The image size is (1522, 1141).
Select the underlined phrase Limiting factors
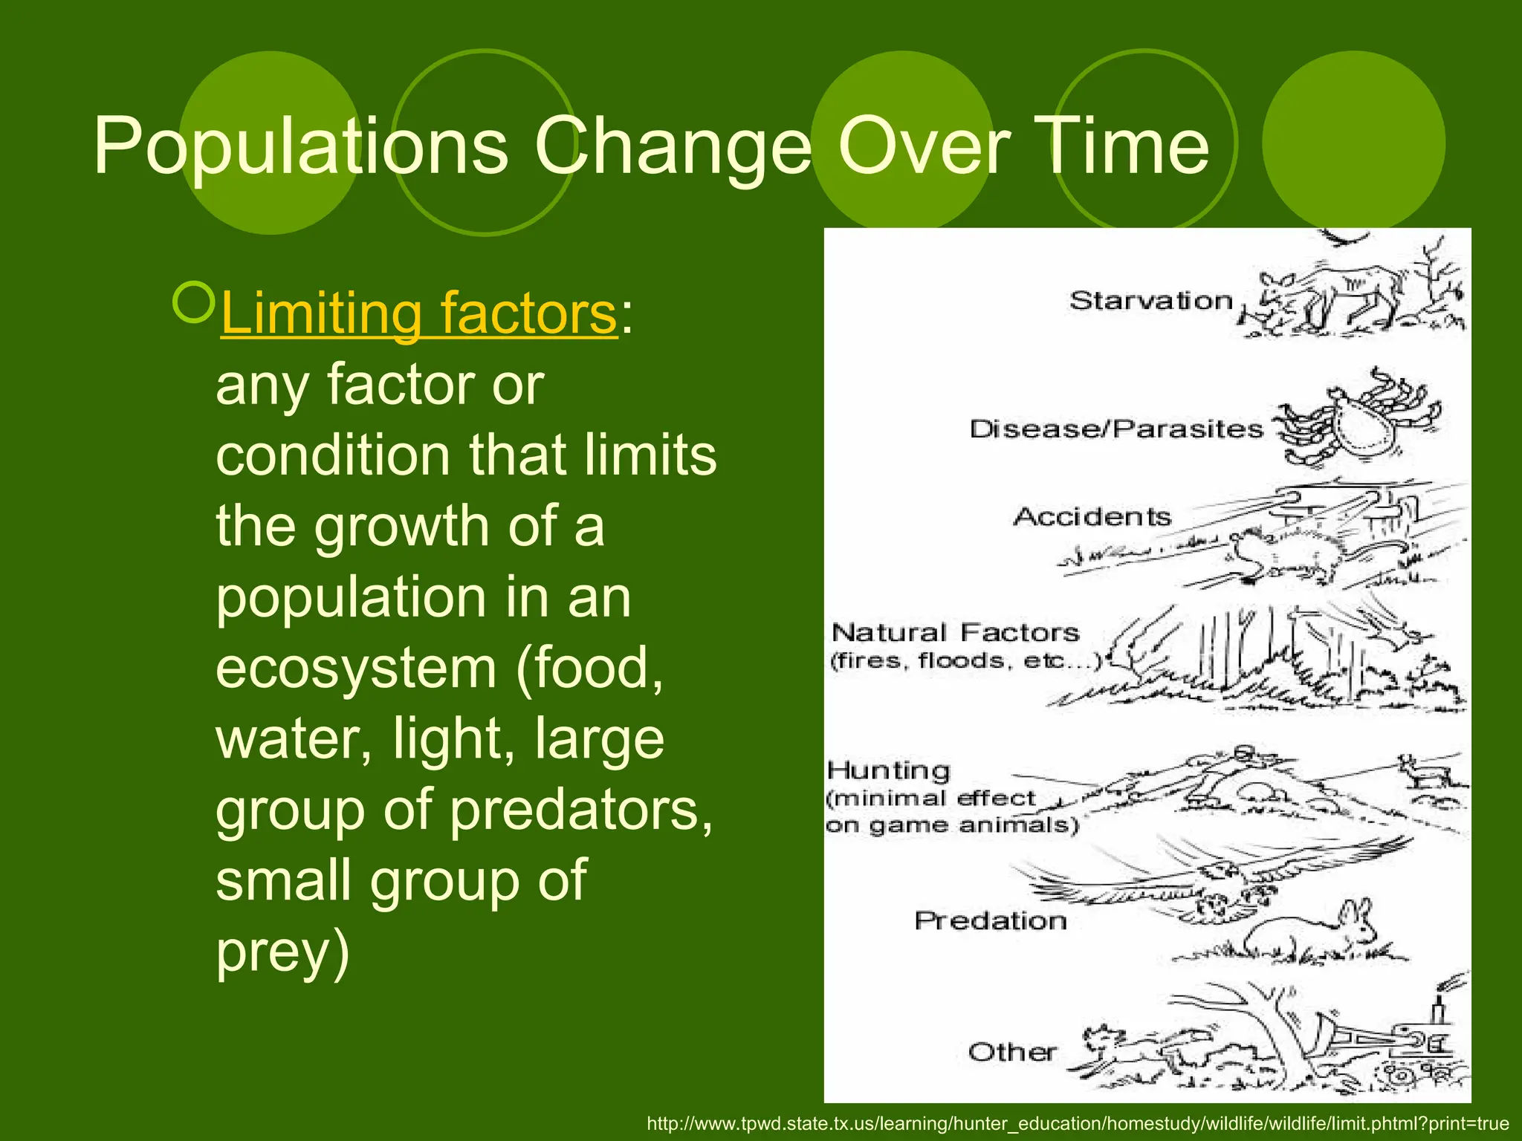[x=418, y=313]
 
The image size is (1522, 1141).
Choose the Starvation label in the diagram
[x=1150, y=301]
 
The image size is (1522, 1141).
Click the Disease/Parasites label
[x=1116, y=429]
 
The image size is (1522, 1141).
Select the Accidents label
[x=1092, y=517]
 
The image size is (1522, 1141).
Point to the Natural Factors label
[x=955, y=633]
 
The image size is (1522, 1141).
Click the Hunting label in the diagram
[x=889, y=770]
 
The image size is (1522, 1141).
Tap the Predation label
[x=990, y=921]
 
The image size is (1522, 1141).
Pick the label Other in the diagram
[x=1012, y=1052]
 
